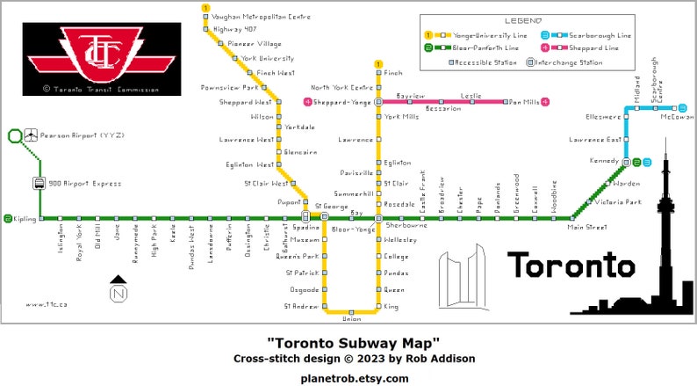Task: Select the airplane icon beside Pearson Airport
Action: (32, 135)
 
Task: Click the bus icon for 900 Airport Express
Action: (40, 184)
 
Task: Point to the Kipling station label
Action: (25, 218)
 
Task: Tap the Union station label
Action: (351, 319)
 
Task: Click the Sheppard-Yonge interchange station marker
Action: (378, 102)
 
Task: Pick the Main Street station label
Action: (586, 227)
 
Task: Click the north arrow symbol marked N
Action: (119, 289)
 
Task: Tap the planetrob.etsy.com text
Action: (354, 378)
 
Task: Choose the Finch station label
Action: (392, 73)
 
